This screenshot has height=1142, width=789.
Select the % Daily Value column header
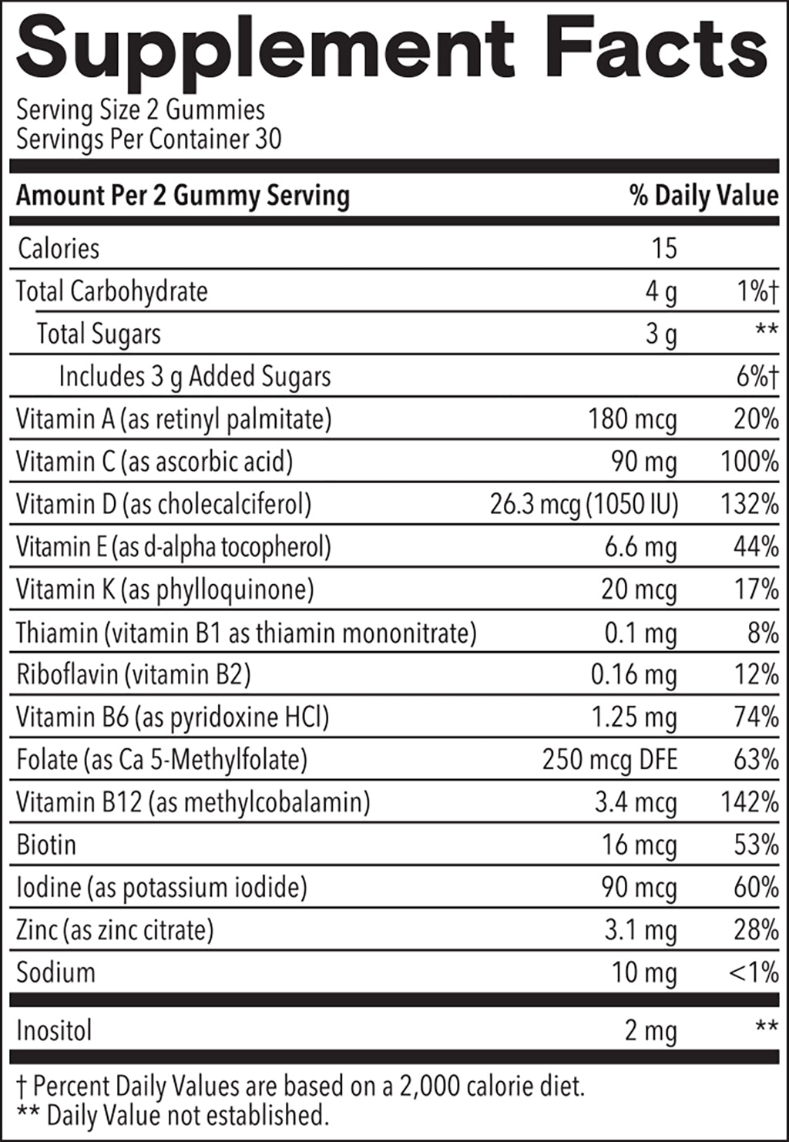pos(703,196)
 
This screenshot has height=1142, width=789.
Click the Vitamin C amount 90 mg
pos(644,462)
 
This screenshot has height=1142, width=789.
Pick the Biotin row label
pos(46,845)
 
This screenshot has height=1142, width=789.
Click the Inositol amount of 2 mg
pos(650,1031)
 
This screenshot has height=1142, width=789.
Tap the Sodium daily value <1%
pos(753,972)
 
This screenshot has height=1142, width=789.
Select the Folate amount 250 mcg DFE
pos(609,760)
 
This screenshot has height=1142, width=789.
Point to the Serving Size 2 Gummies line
pos(140,110)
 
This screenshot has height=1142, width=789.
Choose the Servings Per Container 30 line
pos(149,139)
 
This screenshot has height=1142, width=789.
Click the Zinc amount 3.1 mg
pos(640,930)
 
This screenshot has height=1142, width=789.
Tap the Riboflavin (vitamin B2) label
pos(133,675)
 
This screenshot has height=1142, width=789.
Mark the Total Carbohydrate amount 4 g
pos(661,291)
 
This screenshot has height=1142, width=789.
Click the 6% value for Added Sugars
pos(756,377)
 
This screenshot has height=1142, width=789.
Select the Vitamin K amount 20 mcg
pos(639,589)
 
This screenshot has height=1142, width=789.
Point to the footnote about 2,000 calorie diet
pos(300,1087)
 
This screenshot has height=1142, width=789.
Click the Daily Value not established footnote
pos(173,1115)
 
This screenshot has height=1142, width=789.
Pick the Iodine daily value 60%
pos(756,888)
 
